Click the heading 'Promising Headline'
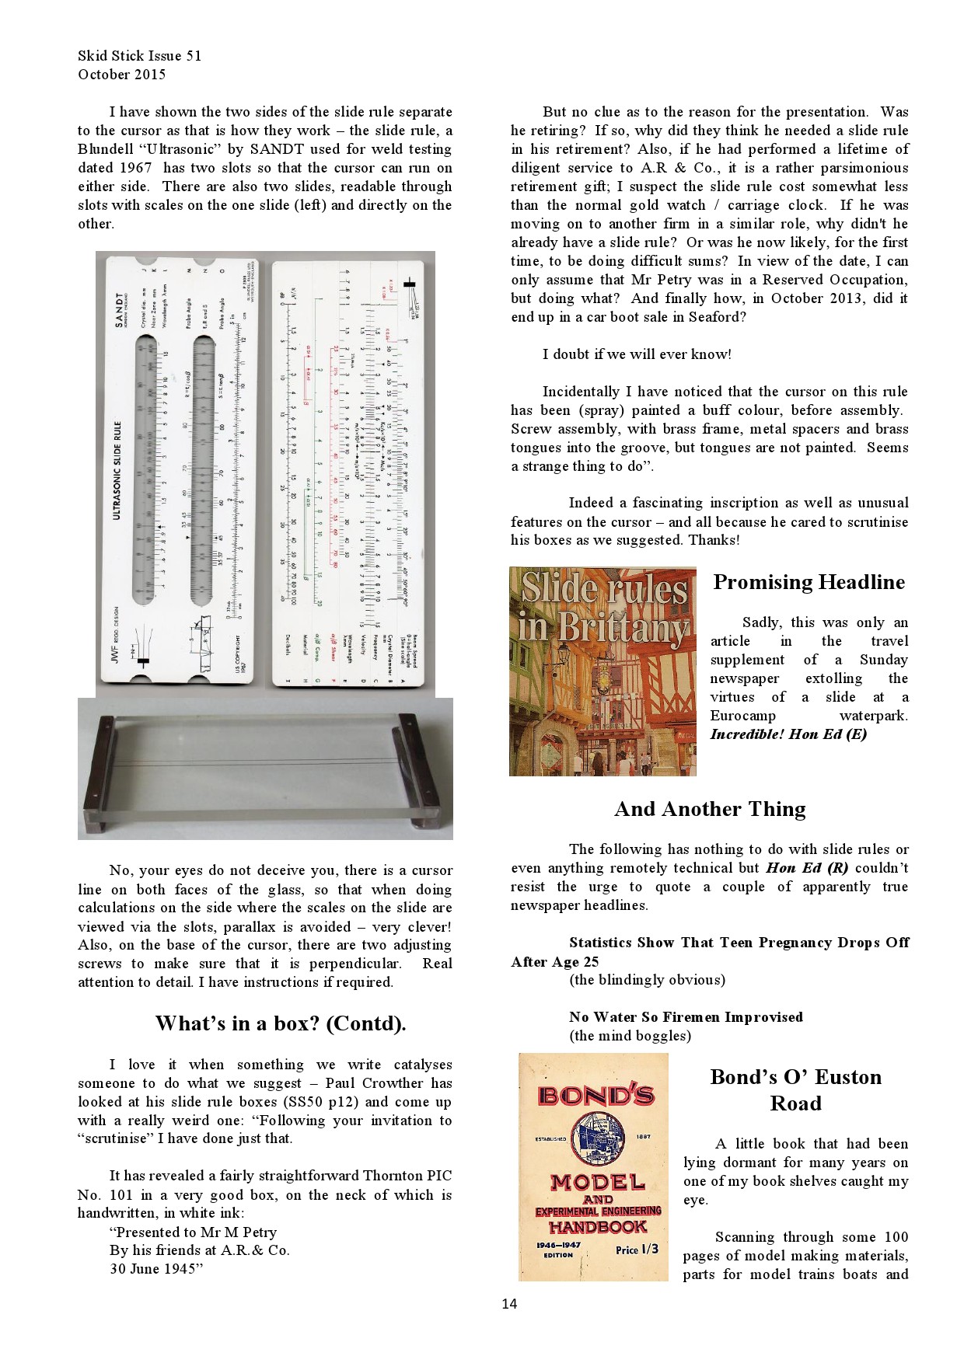click(x=809, y=582)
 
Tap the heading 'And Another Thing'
click(x=710, y=809)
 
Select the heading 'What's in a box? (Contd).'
click(x=281, y=1023)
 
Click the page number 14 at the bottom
click(x=509, y=1303)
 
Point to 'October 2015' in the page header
click(x=121, y=75)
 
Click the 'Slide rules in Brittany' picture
click(x=602, y=671)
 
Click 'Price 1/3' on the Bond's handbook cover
click(x=637, y=1249)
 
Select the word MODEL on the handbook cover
click(x=598, y=1182)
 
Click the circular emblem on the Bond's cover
click(x=598, y=1138)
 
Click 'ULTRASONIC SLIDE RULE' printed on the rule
click(x=117, y=471)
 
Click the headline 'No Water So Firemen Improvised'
click(x=686, y=1016)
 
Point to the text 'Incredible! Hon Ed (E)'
click(x=788, y=734)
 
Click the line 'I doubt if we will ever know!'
click(x=636, y=354)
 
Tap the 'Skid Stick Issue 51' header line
click(x=139, y=56)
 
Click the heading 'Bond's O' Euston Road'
click(x=795, y=1089)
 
